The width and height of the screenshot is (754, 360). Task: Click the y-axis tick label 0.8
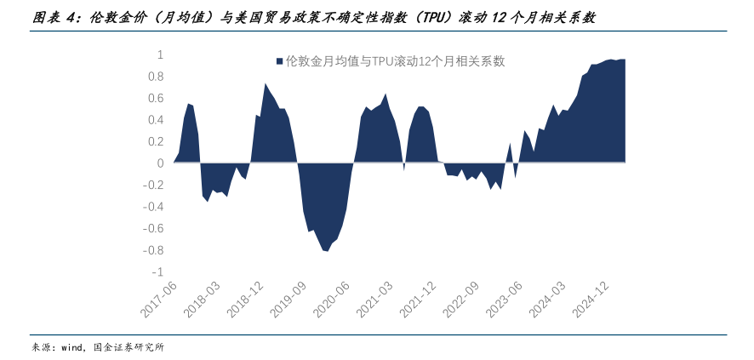[156, 77]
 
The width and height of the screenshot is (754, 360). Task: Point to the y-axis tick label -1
[157, 272]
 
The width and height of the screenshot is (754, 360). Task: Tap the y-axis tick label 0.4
[156, 120]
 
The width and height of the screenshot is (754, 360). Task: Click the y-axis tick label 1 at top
[160, 54]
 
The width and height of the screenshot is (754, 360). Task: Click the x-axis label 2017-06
[158, 300]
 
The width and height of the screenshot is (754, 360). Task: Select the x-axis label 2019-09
[290, 300]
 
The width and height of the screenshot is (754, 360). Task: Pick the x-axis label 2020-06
[334, 300]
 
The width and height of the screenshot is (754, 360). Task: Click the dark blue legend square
[278, 61]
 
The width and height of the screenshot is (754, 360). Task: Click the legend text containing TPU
[396, 61]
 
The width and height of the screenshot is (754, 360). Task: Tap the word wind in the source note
[71, 347]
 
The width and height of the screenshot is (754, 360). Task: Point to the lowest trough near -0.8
[325, 251]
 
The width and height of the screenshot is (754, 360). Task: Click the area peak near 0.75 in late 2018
[266, 83]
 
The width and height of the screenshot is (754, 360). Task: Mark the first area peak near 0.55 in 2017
[189, 104]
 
